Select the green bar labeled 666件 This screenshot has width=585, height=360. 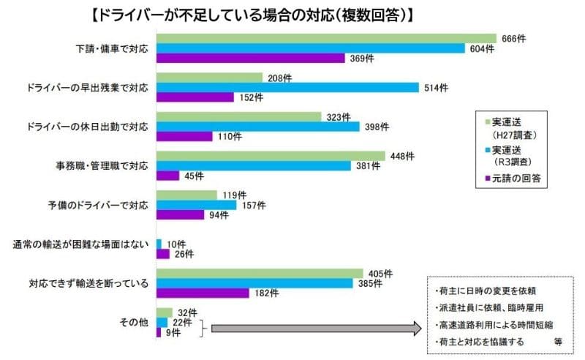click(x=326, y=38)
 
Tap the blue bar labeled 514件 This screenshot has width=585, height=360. click(x=287, y=87)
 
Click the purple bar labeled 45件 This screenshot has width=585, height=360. click(x=168, y=176)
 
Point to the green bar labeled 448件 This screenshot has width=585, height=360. click(x=271, y=156)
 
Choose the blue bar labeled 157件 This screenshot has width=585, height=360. click(x=197, y=205)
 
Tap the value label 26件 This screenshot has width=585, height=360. click(x=184, y=254)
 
